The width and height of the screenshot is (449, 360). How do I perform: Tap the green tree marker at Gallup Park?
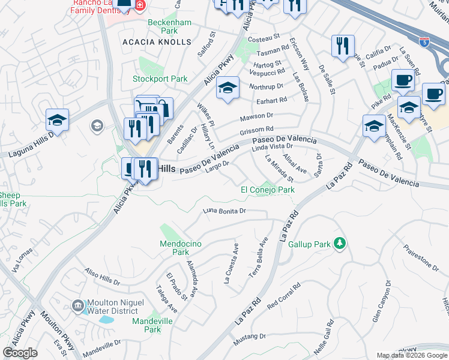340,243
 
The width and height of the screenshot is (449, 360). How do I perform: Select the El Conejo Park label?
268,190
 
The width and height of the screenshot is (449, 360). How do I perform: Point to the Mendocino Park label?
175,248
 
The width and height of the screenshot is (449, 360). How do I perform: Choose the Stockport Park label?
160,79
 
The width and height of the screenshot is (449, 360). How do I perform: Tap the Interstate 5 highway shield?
425,43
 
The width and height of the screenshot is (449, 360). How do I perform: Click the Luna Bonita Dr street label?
224,211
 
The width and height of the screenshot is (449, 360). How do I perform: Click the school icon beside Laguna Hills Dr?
58,121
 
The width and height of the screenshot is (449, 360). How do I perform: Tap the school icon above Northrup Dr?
228,89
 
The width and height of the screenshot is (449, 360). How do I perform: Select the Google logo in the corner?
20,352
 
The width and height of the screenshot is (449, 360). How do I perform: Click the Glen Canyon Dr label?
382,301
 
